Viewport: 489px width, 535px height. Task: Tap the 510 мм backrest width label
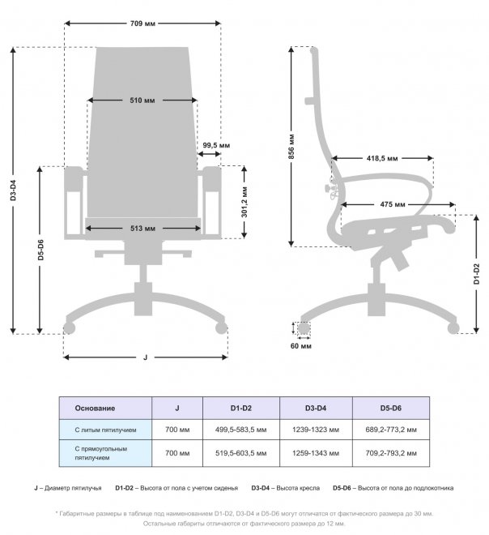point(142,101)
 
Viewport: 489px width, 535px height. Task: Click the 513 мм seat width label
point(142,229)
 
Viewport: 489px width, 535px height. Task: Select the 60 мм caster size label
point(300,346)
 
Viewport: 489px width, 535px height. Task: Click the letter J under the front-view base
point(145,357)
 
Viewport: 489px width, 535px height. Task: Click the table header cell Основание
point(95,408)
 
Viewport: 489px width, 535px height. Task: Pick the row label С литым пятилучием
point(106,429)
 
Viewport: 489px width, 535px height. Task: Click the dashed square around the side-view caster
point(303,329)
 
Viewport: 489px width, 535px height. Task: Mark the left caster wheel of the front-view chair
point(69,328)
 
